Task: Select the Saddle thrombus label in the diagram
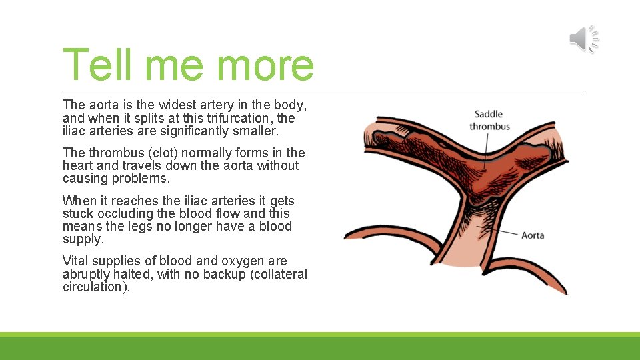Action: point(489,120)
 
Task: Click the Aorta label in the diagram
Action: point(533,235)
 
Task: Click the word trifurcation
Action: point(238,118)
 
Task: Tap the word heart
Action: point(78,165)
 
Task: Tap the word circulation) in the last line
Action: point(96,287)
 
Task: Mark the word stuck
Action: point(78,213)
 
